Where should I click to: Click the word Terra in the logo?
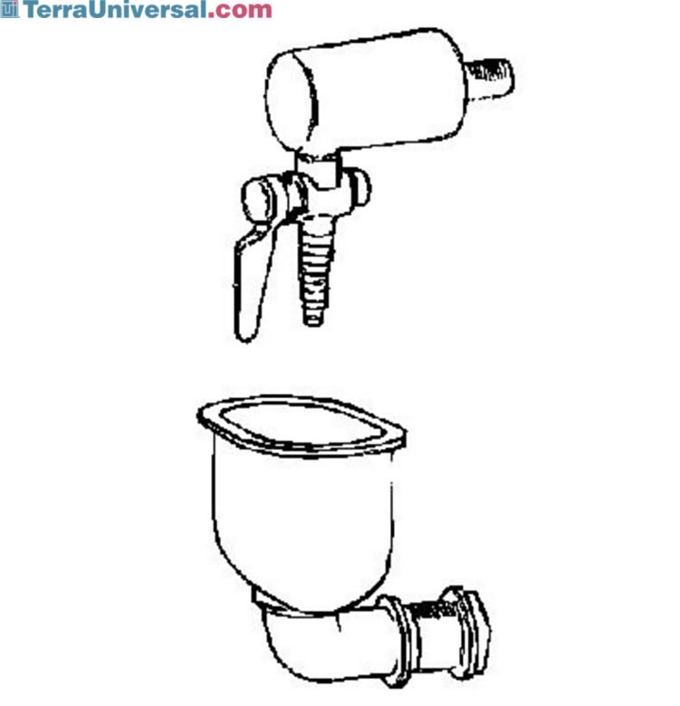coord(55,9)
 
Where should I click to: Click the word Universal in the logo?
coord(148,9)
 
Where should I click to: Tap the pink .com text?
coord(240,11)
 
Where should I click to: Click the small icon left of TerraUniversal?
coord(10,9)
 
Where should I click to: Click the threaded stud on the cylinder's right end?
coord(490,77)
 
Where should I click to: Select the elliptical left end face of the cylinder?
coord(292,101)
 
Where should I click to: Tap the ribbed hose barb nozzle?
coord(316,269)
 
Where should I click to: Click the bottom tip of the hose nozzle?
coord(313,323)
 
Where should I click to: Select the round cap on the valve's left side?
coord(260,199)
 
